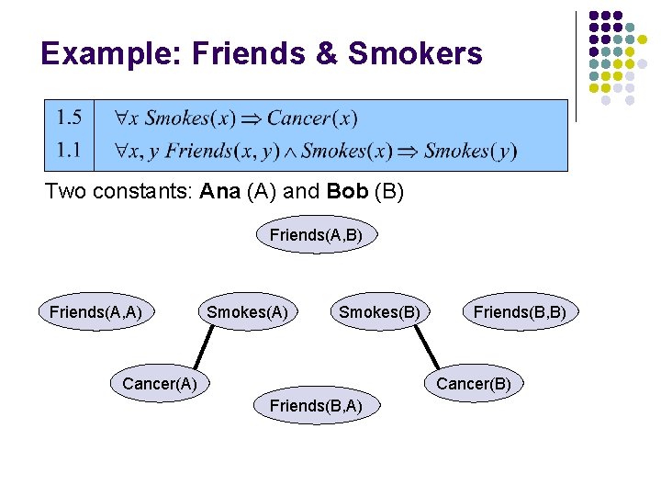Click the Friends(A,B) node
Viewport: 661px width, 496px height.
click(316, 235)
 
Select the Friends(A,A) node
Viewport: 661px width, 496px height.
click(95, 312)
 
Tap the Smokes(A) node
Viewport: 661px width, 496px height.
click(247, 312)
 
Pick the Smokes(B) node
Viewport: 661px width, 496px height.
click(379, 312)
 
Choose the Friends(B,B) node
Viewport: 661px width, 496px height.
click(520, 312)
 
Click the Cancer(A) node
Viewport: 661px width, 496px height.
click(160, 383)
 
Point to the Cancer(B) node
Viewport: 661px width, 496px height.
click(473, 383)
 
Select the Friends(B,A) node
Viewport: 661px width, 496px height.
click(315, 405)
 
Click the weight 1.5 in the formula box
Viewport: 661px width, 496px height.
click(69, 118)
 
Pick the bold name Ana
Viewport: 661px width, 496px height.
click(216, 194)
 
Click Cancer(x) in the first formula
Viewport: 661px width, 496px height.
click(312, 118)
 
